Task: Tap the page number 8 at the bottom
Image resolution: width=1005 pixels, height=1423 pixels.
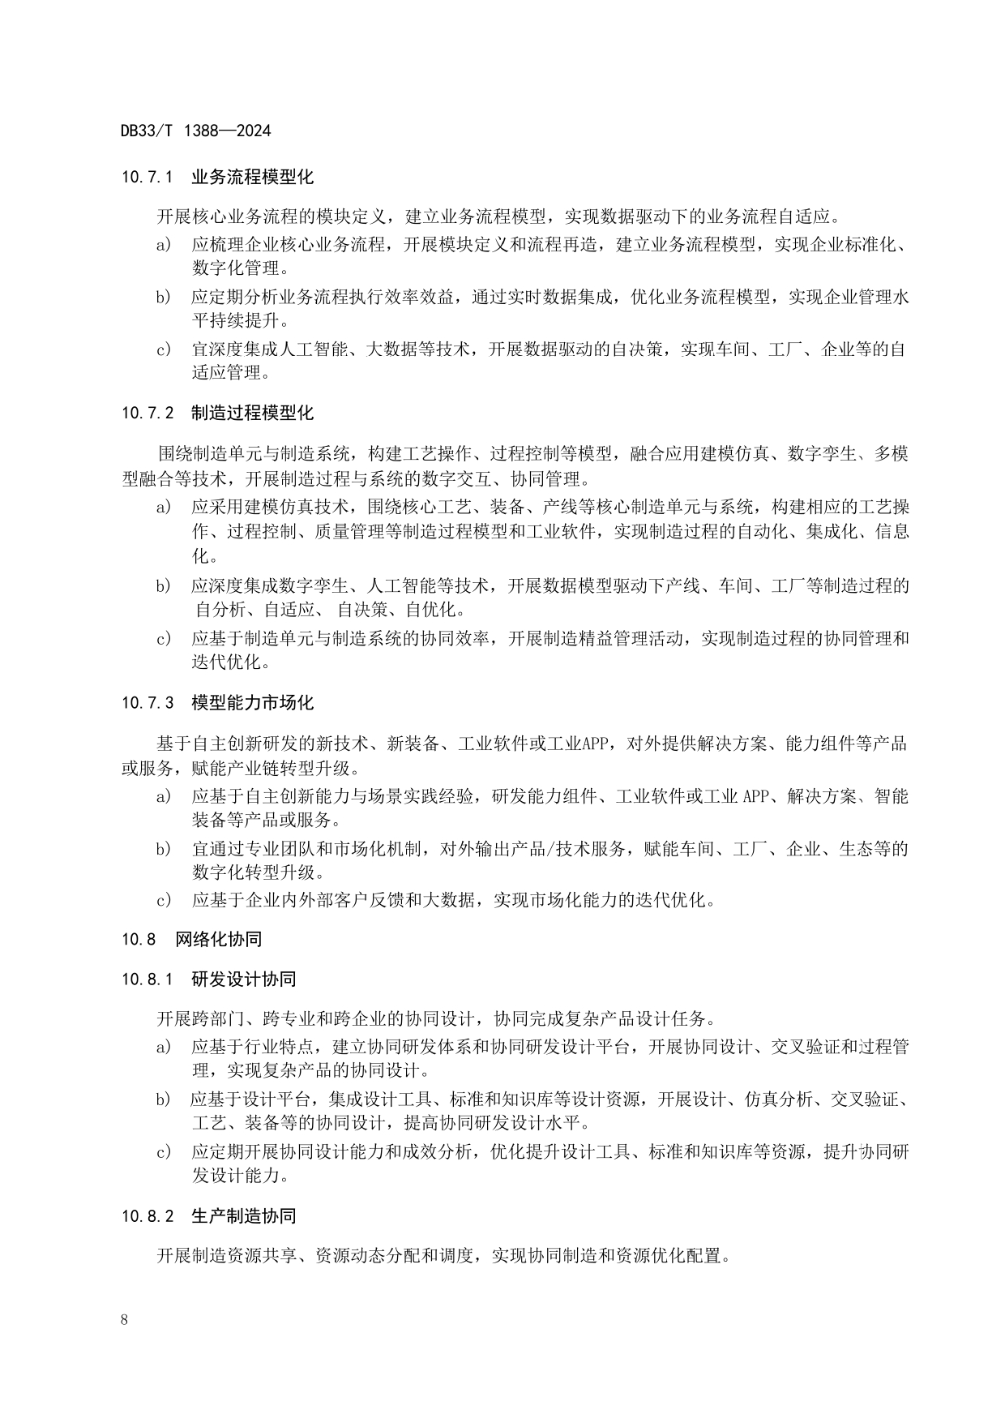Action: tap(124, 1319)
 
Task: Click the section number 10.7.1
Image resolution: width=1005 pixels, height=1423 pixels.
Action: tap(148, 177)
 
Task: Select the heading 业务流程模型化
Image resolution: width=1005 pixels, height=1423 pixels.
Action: tap(252, 177)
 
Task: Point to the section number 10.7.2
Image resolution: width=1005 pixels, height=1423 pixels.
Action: tap(148, 414)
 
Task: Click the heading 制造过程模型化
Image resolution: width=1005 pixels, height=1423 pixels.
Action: tap(252, 414)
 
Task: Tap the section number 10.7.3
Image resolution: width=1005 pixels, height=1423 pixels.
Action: tap(148, 703)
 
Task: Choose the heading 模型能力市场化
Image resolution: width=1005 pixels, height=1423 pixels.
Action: tap(252, 703)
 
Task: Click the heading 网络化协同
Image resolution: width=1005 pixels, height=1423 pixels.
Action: tap(219, 940)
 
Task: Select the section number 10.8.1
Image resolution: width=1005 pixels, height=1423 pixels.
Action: tap(148, 979)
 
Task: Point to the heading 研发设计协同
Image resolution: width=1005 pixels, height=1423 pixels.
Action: tap(244, 979)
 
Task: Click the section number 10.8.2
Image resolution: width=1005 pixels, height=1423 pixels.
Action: tap(148, 1216)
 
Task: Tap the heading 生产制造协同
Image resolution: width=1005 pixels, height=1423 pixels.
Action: tap(244, 1216)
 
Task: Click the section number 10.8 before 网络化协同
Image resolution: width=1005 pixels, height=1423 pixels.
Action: tap(139, 940)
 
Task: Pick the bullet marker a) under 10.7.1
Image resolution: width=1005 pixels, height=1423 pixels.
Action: tap(164, 244)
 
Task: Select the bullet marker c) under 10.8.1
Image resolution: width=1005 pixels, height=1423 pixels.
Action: tap(164, 1152)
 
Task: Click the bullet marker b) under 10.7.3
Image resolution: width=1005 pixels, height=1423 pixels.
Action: tap(164, 850)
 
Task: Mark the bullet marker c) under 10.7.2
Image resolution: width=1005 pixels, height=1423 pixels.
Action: tap(164, 639)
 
